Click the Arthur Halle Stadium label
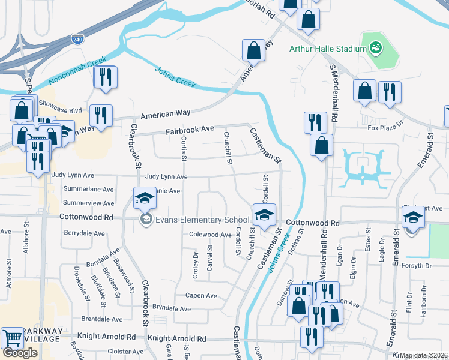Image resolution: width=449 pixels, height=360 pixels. pos(327,49)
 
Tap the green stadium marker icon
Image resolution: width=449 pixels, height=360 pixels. pos(376,47)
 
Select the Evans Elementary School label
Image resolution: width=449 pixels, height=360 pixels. pos(202,220)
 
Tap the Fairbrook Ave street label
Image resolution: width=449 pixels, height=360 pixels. pos(190,129)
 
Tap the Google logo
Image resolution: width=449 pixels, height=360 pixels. pos(20,352)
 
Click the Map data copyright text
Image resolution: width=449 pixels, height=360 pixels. pos(423,355)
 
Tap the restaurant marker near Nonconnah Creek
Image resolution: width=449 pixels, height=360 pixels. pos(105,77)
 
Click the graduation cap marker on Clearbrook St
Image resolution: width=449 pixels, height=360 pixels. pos(144,197)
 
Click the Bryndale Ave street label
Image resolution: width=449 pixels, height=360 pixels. pos(172,308)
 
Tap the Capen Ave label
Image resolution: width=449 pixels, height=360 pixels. pos(201,295)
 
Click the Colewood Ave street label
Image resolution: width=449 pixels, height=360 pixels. pos(210,235)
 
